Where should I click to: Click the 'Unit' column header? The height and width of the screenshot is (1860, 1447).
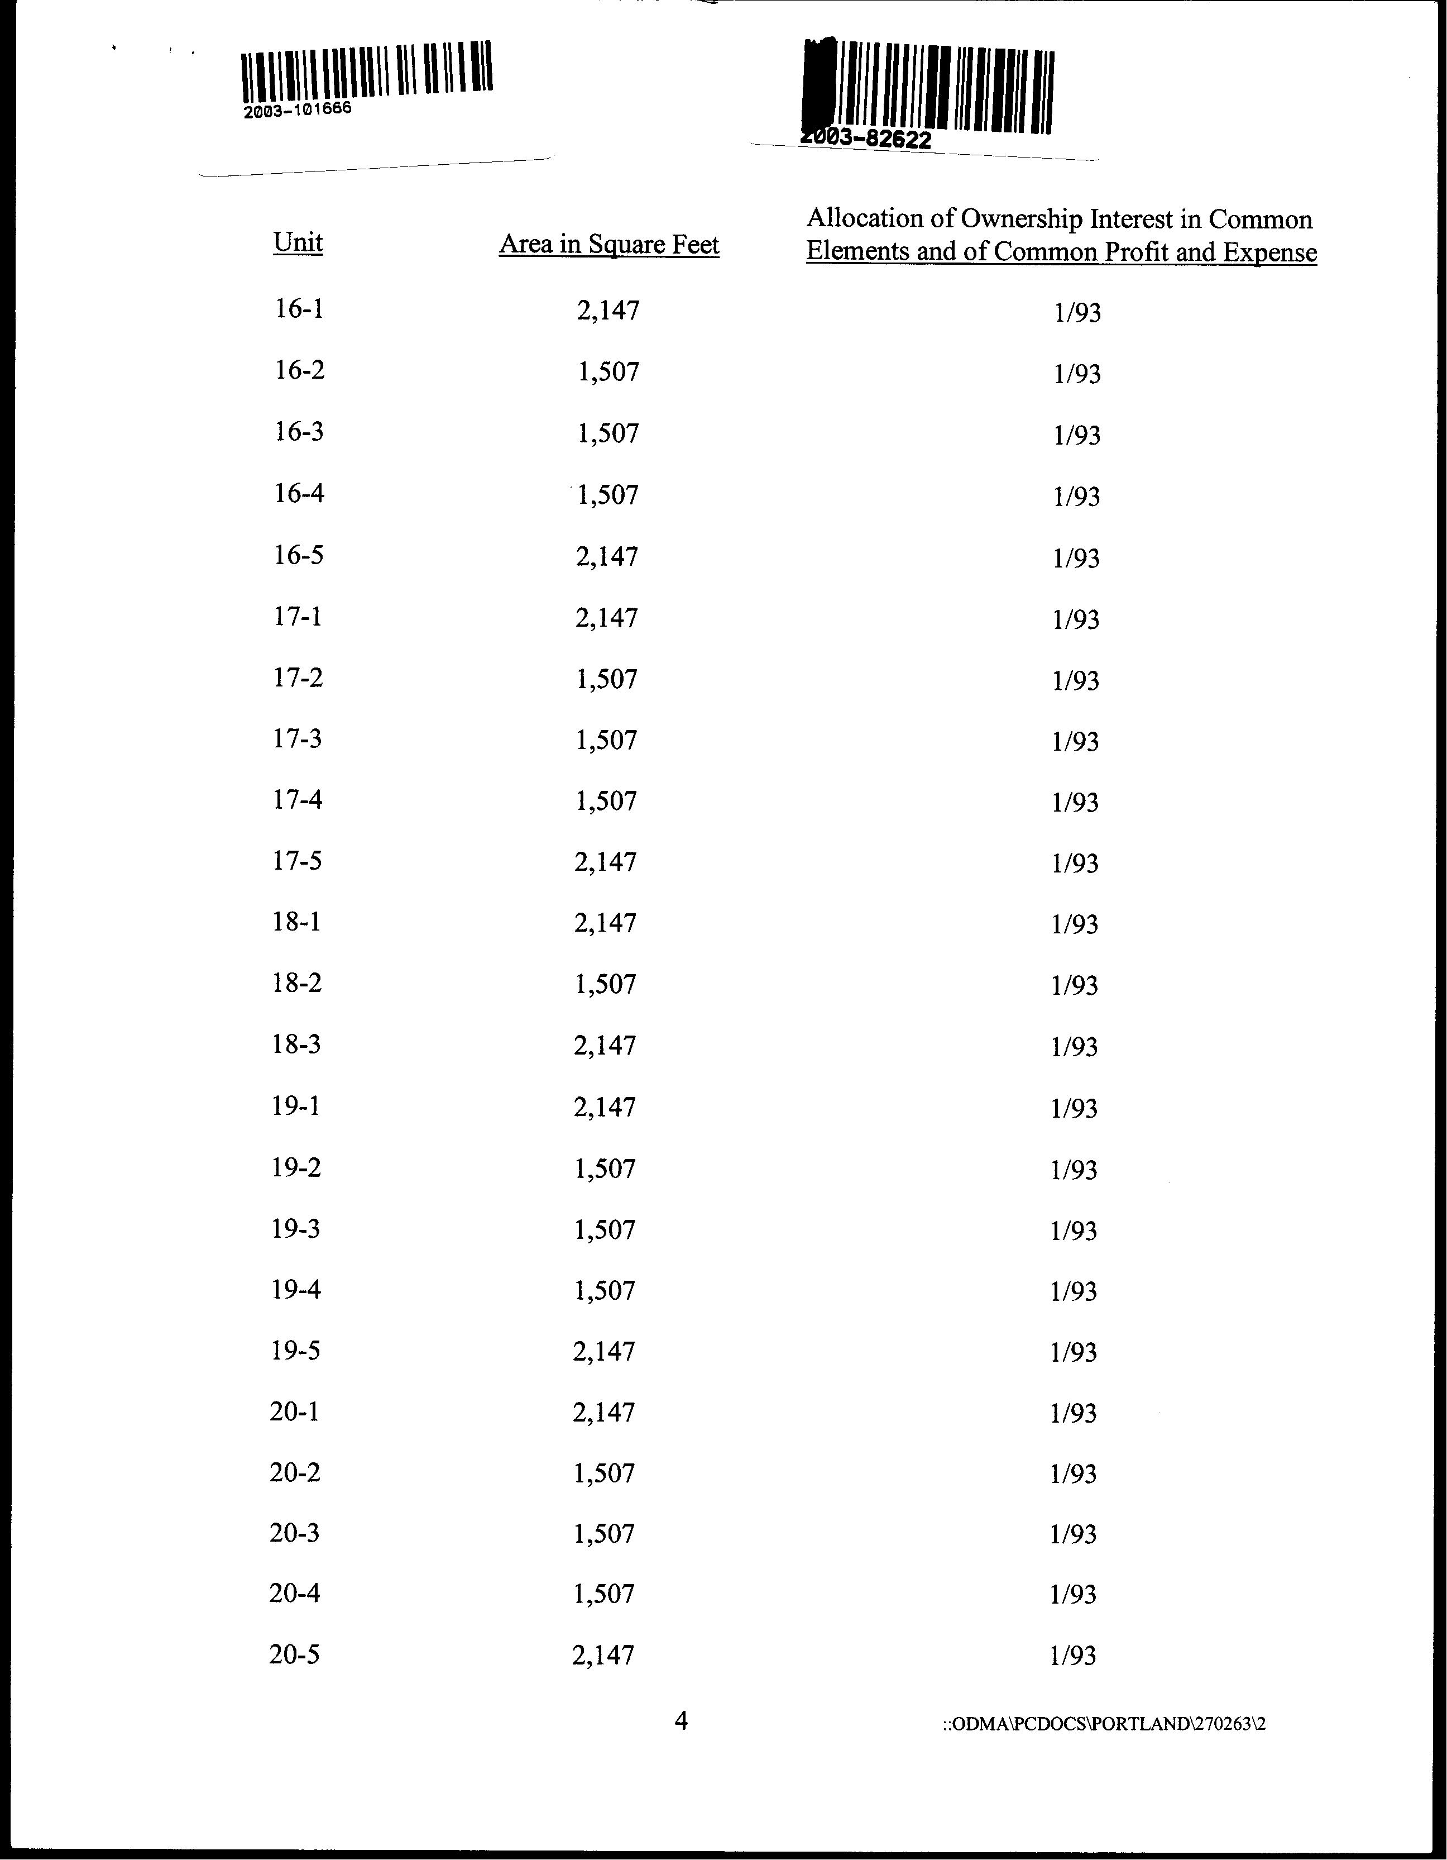point(298,243)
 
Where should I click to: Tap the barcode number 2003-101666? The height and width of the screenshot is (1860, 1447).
point(297,111)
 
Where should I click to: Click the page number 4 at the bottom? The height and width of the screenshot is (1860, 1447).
point(681,1721)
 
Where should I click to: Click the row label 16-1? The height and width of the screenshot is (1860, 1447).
point(299,308)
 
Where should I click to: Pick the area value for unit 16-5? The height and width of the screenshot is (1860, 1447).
point(607,556)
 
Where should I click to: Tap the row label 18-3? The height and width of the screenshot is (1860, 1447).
point(296,1044)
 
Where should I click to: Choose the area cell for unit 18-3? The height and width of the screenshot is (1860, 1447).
point(605,1045)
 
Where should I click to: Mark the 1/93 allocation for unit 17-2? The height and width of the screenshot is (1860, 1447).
point(1076,680)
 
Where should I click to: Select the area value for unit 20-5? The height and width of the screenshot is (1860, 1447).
point(603,1656)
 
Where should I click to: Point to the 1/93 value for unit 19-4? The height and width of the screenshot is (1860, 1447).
point(1074,1291)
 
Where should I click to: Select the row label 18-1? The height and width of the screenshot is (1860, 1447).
point(296,922)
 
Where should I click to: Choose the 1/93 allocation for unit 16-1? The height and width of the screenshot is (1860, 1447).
point(1077,313)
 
